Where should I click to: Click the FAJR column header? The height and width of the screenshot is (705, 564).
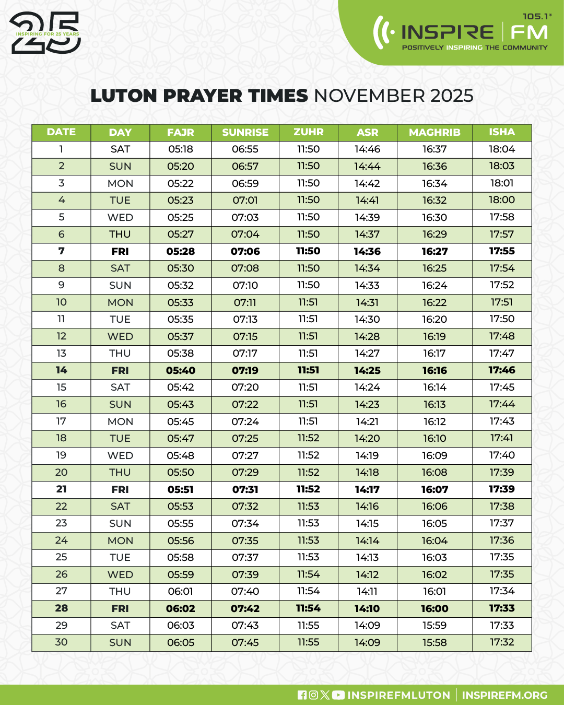pos(180,132)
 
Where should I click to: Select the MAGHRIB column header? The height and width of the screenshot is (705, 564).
pos(434,132)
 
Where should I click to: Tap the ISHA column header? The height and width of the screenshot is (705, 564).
pos(502,132)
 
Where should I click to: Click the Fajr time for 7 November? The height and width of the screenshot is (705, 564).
pos(180,251)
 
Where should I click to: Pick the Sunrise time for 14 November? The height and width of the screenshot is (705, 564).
pos(245,370)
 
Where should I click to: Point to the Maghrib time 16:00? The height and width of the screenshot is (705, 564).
pos(434,608)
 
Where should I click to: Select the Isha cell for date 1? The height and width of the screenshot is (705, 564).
pos(502,149)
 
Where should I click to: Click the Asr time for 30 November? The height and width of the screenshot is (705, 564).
pos(367,642)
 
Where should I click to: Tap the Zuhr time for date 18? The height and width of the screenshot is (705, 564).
pos(308,438)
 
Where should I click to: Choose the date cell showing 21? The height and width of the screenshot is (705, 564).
pos(61,489)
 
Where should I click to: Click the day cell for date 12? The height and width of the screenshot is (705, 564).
pos(120,336)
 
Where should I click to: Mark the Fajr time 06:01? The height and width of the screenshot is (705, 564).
pos(180,591)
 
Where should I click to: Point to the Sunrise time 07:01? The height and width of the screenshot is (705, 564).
pos(245,200)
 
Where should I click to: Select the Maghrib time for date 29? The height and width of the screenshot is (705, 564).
pos(434,625)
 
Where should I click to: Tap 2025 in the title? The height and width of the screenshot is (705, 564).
pos(452,96)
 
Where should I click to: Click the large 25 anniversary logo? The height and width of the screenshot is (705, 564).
pos(45,33)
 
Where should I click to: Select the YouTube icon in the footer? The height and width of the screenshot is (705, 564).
pos(338,695)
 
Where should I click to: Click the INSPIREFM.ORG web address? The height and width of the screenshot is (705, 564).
pos(504,695)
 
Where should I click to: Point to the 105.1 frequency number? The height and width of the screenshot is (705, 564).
pos(536,17)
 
